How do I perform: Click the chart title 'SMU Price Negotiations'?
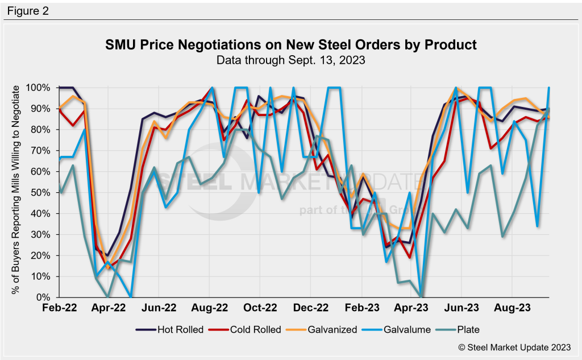click(291, 44)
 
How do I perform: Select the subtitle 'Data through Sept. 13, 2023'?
click(291, 59)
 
